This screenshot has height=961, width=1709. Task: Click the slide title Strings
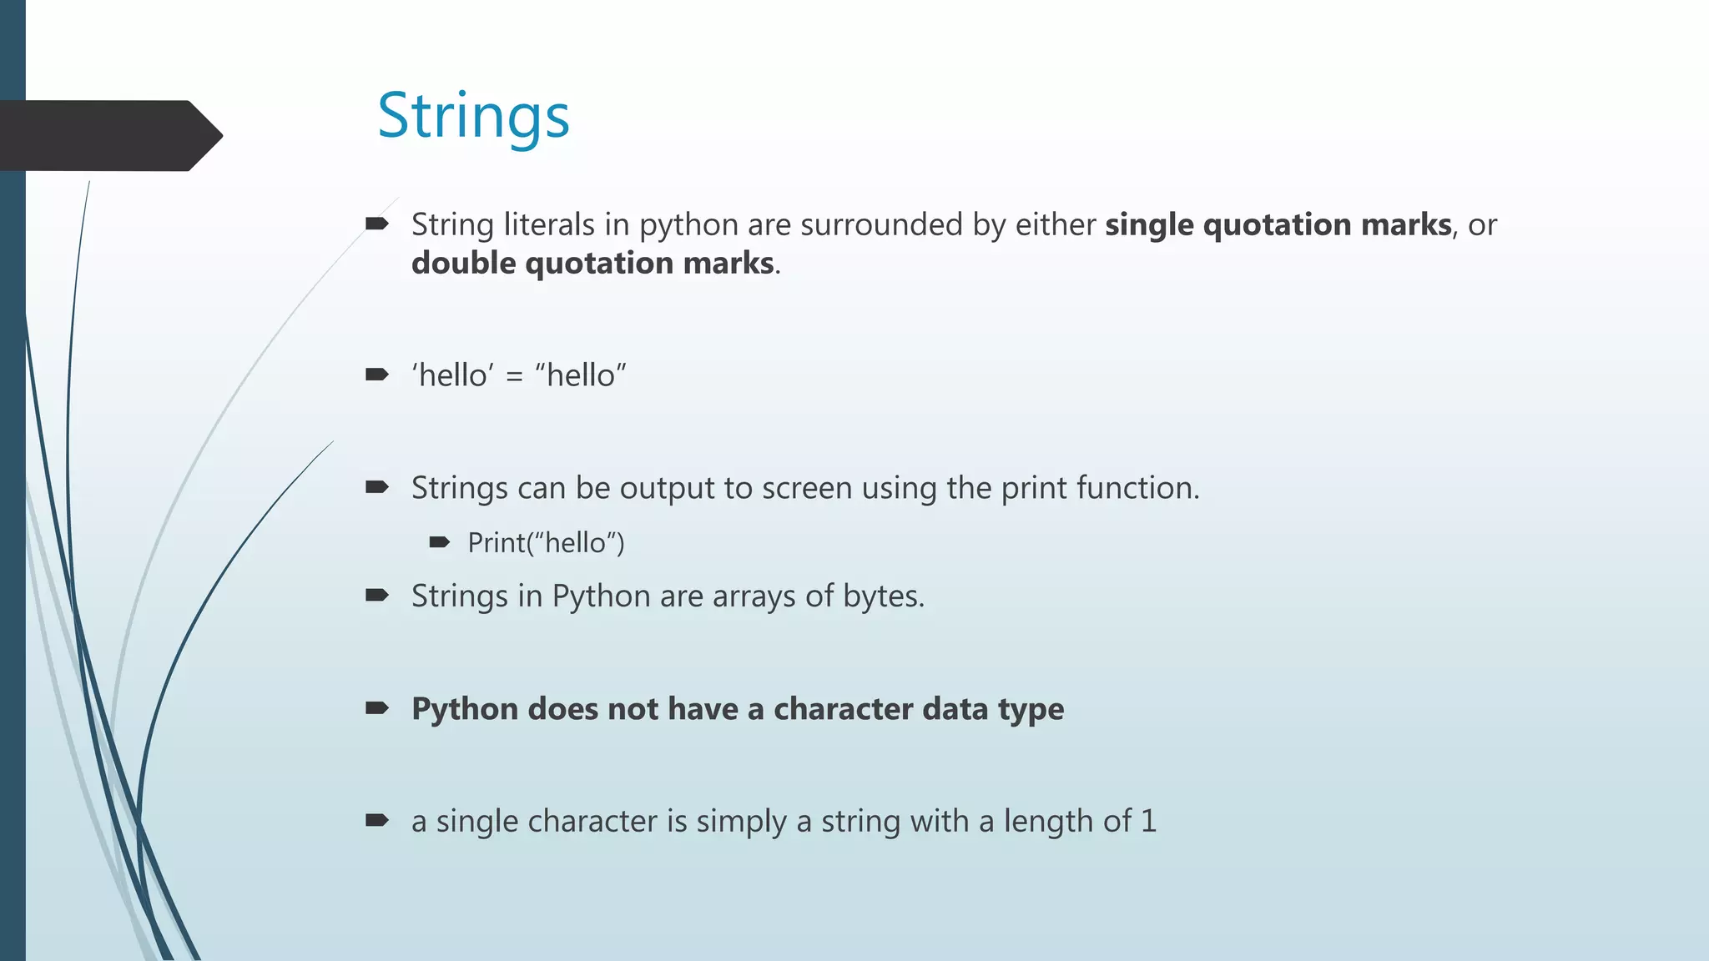pos(473,116)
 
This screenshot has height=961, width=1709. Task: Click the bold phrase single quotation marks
pos(1278,224)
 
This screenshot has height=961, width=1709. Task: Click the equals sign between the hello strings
pos(515,376)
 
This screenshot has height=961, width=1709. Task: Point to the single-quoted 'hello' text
pos(453,375)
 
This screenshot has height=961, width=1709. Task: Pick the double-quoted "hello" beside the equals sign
pos(581,375)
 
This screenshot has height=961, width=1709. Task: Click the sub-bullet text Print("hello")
pos(546,543)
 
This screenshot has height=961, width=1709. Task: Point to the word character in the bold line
pos(843,709)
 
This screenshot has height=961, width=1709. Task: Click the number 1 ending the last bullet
pos(1149,821)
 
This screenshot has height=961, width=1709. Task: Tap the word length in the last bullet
pos(1048,822)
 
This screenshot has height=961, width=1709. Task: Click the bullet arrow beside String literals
pos(377,224)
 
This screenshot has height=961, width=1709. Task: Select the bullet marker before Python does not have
pos(377,708)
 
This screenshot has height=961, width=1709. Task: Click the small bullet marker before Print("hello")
pos(439,542)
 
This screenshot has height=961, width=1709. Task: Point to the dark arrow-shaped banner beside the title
pos(108,135)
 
